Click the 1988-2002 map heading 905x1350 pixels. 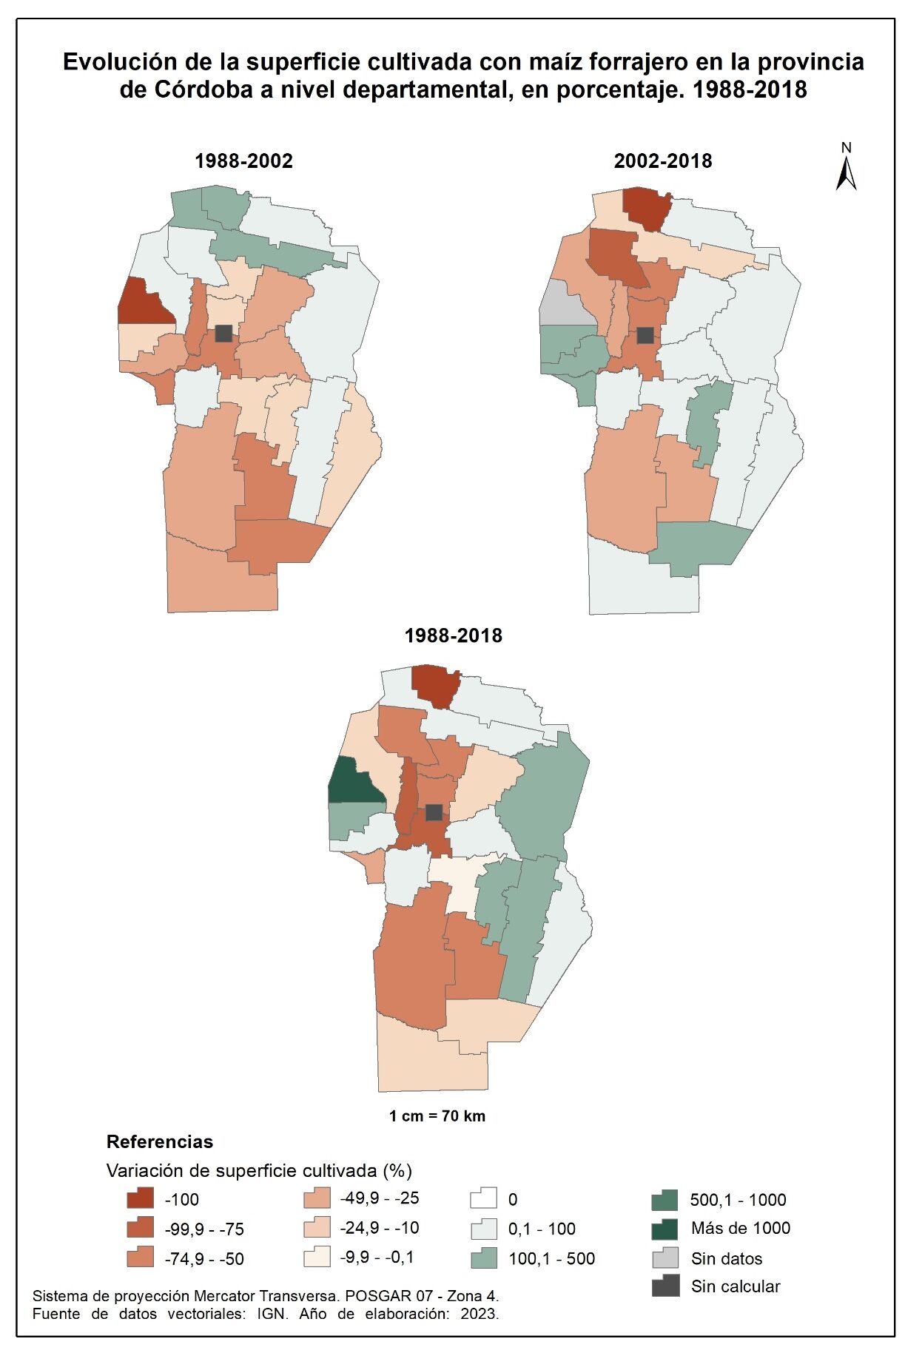243,161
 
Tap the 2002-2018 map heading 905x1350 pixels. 662,161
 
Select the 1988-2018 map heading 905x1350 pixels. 453,635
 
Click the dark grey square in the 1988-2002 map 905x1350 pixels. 223,334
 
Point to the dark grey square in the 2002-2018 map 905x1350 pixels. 645,335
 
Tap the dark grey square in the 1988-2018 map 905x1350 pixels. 434,812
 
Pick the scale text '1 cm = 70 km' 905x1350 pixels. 437,1116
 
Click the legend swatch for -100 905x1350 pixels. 140,1198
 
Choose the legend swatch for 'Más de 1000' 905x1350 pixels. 665,1229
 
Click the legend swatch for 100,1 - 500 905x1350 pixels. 483,1258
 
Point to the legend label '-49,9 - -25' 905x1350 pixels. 379,1198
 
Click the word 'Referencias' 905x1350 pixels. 159,1141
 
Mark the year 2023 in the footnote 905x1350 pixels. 479,1314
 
